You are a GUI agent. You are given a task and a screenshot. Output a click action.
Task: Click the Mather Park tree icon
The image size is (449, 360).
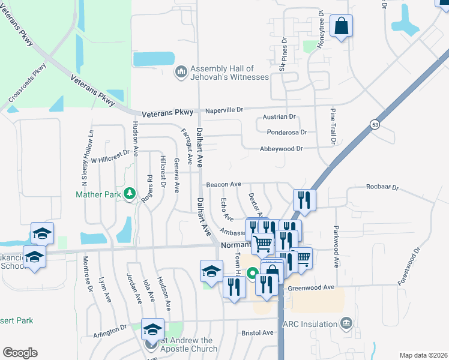[x=128, y=193]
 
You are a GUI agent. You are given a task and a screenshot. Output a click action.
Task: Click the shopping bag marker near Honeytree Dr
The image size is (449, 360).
[x=341, y=26]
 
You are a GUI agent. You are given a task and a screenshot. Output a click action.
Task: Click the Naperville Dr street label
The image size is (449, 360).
[x=223, y=110]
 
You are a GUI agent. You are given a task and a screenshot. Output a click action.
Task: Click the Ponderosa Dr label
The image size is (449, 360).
[x=285, y=132]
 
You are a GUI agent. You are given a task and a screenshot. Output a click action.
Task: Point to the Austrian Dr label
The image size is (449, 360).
[x=280, y=117]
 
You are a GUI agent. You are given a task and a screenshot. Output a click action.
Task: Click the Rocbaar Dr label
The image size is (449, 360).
[x=382, y=187]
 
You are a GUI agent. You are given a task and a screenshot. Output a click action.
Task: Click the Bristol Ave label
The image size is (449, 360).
[x=258, y=332]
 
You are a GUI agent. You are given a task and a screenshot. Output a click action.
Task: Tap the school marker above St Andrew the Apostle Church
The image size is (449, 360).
[x=153, y=329]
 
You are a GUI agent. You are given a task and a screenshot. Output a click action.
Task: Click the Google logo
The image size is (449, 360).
[x=20, y=353]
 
